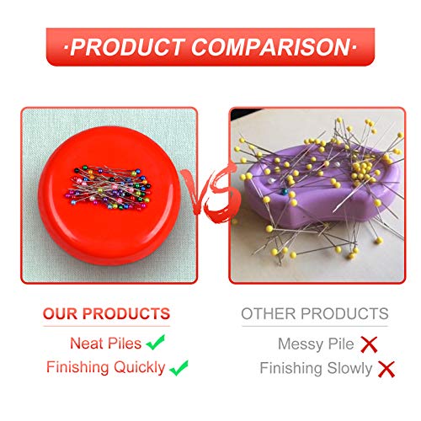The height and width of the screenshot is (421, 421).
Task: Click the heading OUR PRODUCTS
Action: [x=107, y=314]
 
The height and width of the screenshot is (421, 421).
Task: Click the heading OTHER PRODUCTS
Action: [x=315, y=314]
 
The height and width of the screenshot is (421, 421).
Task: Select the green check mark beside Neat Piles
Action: [x=154, y=344]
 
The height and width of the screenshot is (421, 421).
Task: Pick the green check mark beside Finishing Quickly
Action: [x=179, y=368]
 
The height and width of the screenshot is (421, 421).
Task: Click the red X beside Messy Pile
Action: [x=367, y=344]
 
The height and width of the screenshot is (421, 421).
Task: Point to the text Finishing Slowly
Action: [x=316, y=368]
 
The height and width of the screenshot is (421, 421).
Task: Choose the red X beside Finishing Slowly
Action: [x=386, y=368]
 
